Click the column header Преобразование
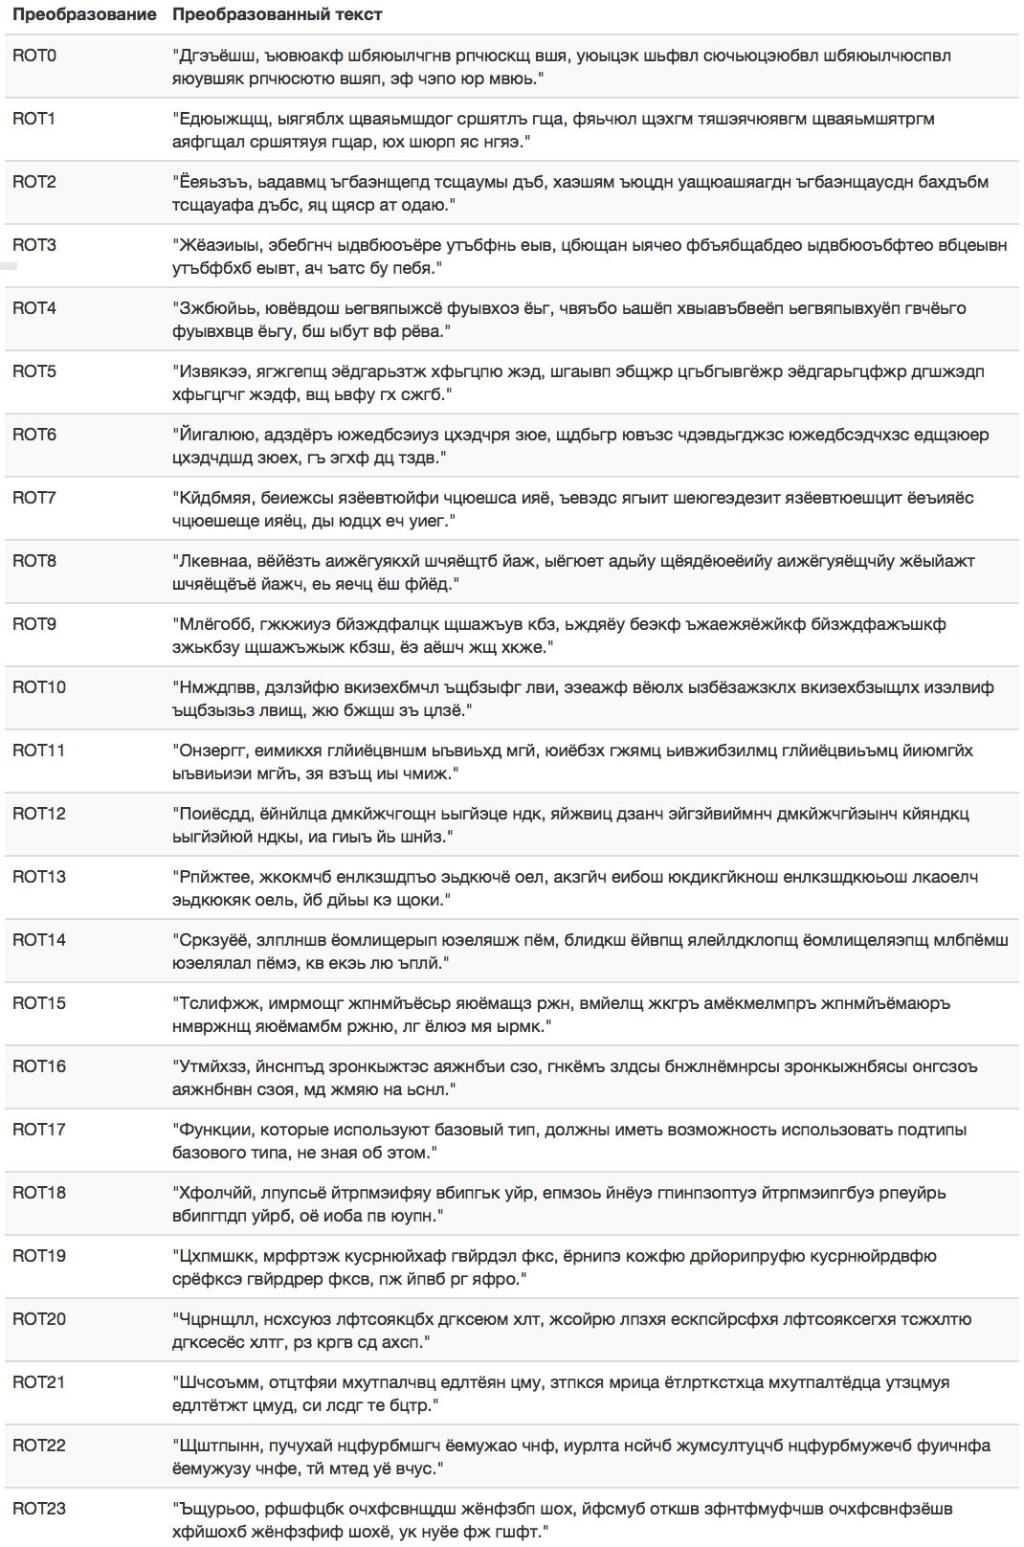pyautogui.click(x=84, y=14)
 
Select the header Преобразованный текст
pyautogui.click(x=278, y=14)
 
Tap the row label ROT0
pyautogui.click(x=34, y=56)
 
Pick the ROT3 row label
pyautogui.click(x=34, y=245)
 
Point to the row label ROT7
pyautogui.click(x=34, y=498)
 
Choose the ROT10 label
pyautogui.click(x=39, y=687)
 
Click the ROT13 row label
pyautogui.click(x=39, y=877)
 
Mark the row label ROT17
pyautogui.click(x=39, y=1130)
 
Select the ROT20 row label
pyautogui.click(x=39, y=1319)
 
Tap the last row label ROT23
pyautogui.click(x=39, y=1509)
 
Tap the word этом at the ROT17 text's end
pyautogui.click(x=409, y=1153)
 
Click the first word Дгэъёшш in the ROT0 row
pyautogui.click(x=216, y=56)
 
